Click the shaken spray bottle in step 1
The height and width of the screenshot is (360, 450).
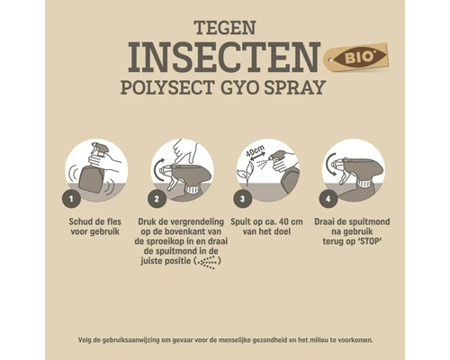93,171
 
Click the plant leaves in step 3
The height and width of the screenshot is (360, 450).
245,170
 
